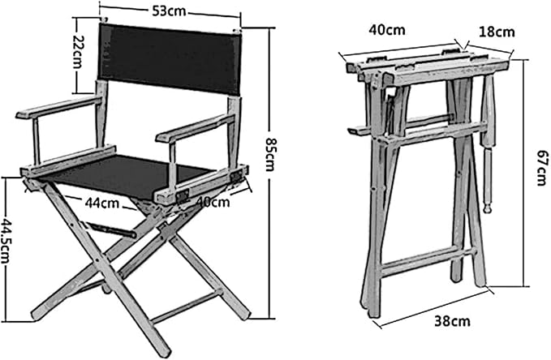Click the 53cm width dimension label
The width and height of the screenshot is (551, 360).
click(x=169, y=11)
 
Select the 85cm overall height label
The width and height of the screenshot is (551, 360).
click(x=269, y=153)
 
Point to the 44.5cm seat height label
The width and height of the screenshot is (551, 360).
click(x=6, y=241)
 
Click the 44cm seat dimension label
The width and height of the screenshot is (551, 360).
click(x=102, y=203)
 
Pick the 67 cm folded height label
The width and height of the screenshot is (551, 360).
click(x=542, y=168)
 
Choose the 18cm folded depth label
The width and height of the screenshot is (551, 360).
click(x=497, y=32)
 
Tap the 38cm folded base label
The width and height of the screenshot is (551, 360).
click(x=452, y=321)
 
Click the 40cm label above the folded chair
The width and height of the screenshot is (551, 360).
click(x=387, y=30)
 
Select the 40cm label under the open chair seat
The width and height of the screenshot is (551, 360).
click(x=213, y=202)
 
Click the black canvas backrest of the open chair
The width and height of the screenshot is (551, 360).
click(x=170, y=58)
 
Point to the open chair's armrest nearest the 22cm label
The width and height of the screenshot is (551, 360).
click(x=59, y=107)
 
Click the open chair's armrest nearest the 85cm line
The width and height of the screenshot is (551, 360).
click(x=196, y=128)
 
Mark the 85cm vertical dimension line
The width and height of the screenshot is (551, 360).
click(x=269, y=173)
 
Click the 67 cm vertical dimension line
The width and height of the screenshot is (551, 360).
click(x=526, y=173)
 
